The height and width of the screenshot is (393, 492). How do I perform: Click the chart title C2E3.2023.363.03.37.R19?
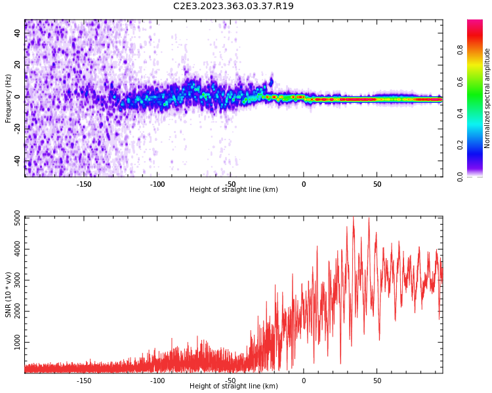(234, 6)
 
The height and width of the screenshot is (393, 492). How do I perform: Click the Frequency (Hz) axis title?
(9, 98)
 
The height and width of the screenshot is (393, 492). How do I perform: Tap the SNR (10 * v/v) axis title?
(9, 294)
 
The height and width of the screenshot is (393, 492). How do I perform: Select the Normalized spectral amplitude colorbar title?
(487, 98)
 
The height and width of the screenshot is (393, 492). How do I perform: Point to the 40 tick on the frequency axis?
(18, 33)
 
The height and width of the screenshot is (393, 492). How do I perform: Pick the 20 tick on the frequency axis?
(18, 65)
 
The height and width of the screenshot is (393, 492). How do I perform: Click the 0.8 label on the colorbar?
(478, 48)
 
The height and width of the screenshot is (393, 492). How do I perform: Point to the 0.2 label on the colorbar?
(478, 144)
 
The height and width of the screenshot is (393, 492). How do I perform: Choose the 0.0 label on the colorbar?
(478, 176)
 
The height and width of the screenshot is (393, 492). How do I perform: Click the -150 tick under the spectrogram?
(84, 184)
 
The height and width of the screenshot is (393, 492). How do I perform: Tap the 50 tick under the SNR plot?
(377, 381)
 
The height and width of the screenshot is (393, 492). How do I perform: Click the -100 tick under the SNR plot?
(157, 381)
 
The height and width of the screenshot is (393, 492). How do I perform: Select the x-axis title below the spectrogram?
(234, 190)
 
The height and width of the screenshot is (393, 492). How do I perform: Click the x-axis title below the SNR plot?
(234, 386)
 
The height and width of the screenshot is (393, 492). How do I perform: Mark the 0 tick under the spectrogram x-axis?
(304, 184)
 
